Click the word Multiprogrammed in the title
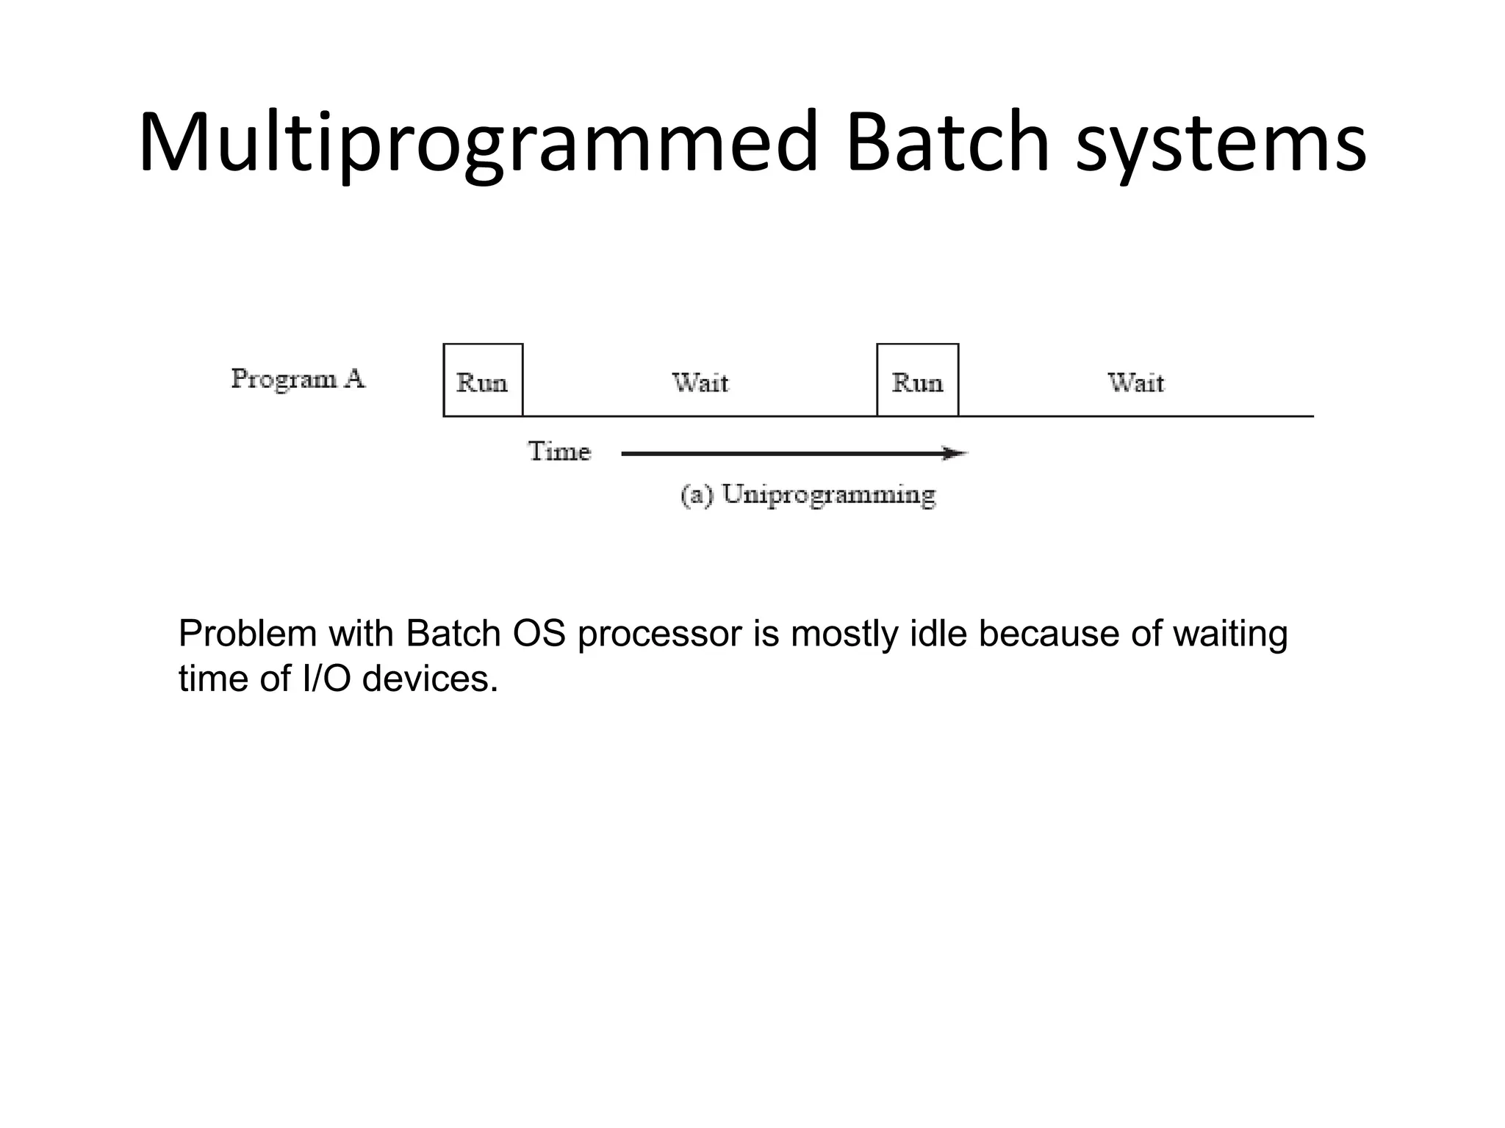478,143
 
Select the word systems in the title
1220,143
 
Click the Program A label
298,379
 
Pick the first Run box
483,380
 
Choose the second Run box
917,380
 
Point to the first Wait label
700,383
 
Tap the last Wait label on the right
1135,383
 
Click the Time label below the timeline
558,451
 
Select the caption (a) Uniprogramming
808,495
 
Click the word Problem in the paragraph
247,634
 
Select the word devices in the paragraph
429,679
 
